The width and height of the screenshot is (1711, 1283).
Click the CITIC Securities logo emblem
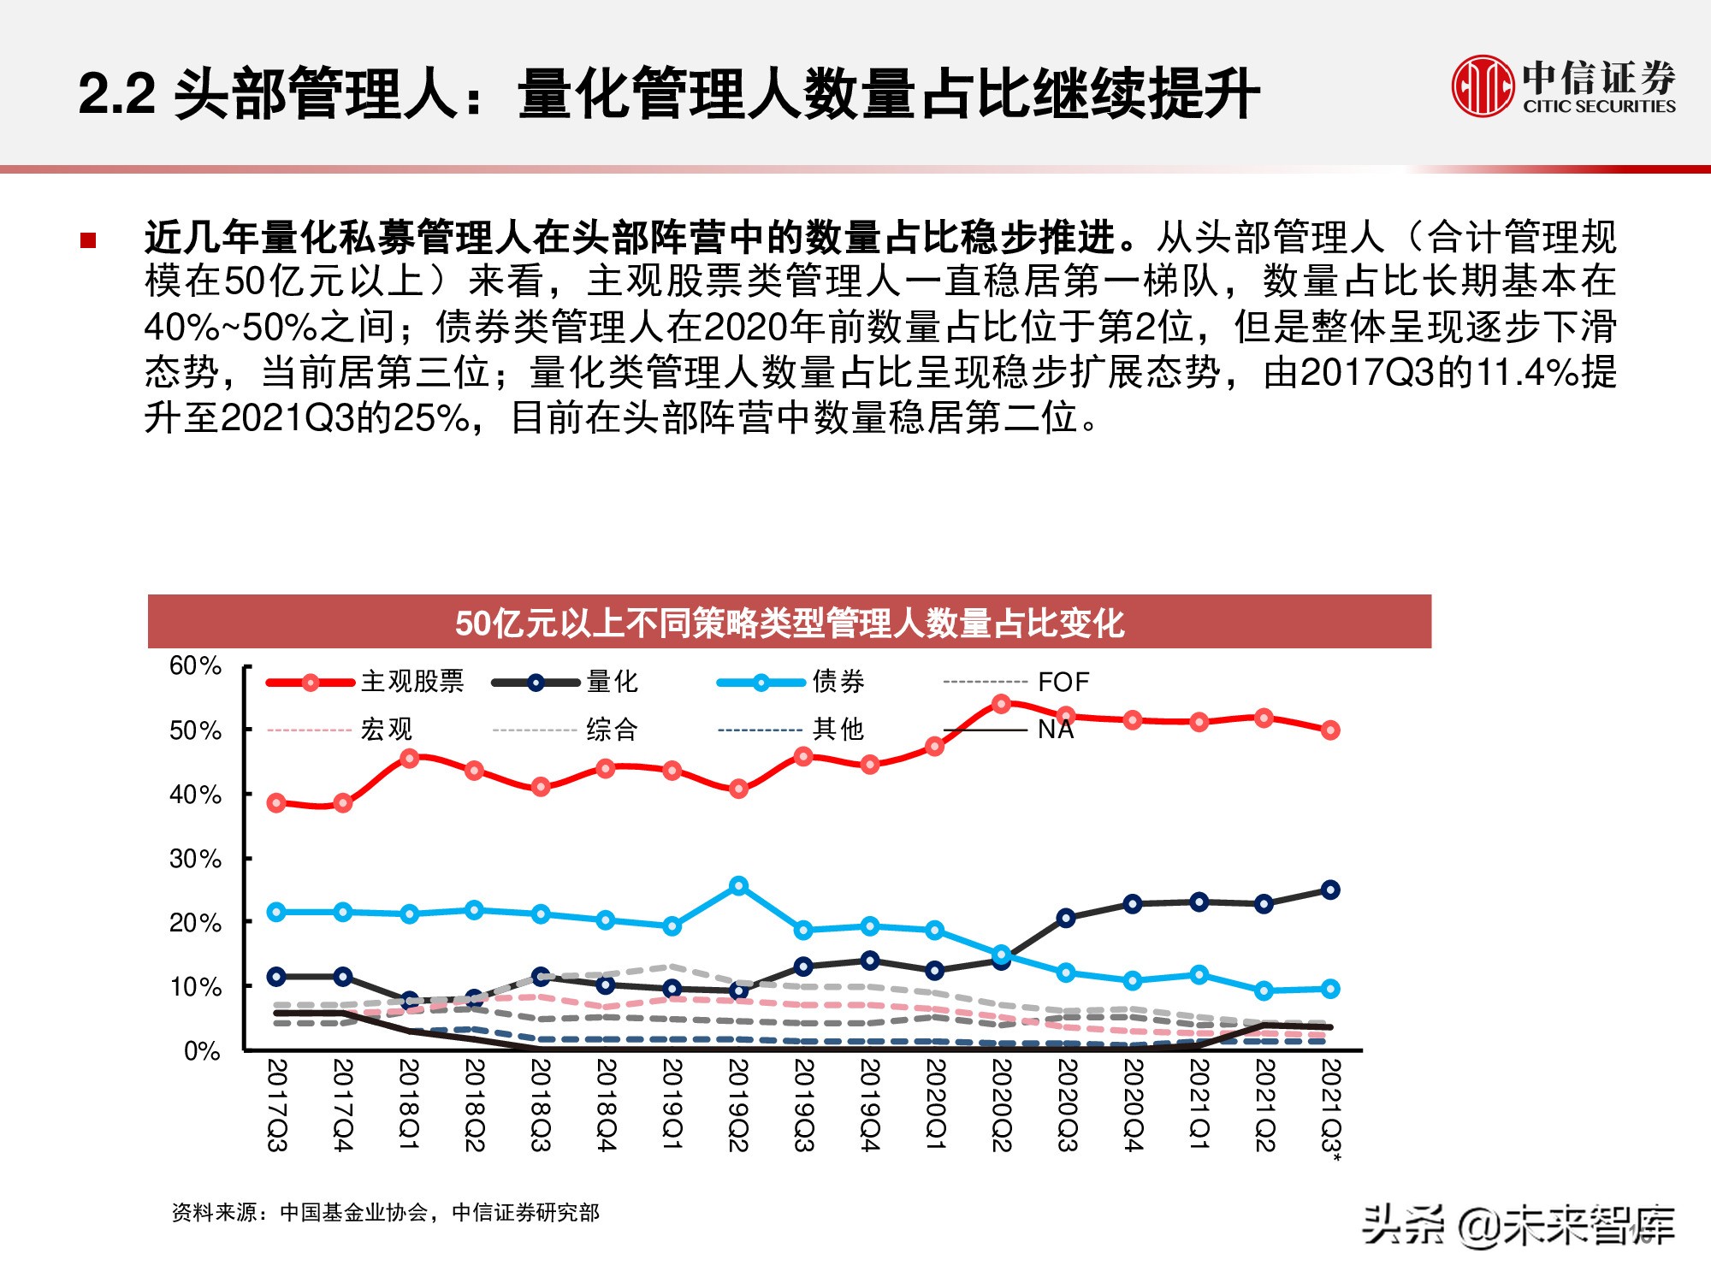click(1483, 86)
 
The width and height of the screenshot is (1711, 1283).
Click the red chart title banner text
click(789, 623)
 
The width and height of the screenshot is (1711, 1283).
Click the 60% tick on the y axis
click(195, 665)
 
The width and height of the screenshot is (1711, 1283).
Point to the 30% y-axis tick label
click(195, 859)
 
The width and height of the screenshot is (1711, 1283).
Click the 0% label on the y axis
click(202, 1051)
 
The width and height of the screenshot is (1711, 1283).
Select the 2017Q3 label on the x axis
click(276, 1105)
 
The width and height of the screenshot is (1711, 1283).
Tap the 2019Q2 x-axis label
click(738, 1105)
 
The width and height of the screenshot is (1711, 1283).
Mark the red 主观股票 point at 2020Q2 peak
click(1001, 704)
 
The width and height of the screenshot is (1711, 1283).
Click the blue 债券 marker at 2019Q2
click(738, 886)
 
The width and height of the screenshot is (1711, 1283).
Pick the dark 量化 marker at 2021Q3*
click(1330, 890)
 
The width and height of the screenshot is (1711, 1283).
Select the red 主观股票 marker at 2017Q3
click(276, 802)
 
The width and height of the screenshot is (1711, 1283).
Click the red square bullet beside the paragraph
click(88, 240)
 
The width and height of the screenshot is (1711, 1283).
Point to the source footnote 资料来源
click(385, 1212)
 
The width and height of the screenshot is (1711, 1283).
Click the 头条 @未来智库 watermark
click(1518, 1225)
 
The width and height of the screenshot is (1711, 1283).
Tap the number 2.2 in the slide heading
click(116, 93)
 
